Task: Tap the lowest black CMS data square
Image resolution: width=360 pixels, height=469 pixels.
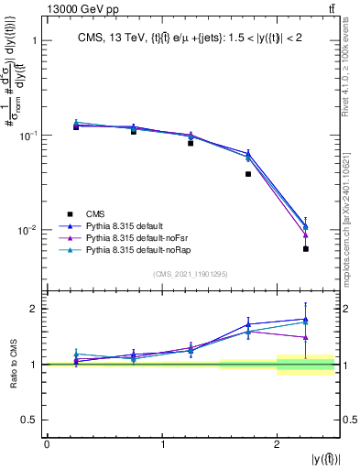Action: coord(306,249)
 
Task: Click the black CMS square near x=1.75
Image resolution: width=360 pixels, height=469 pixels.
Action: coord(248,174)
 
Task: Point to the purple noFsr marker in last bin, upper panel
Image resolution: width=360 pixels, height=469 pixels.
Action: coord(306,235)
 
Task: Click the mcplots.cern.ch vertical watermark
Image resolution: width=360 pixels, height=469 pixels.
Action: coord(351,211)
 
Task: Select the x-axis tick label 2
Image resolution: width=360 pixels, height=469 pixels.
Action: coord(278,443)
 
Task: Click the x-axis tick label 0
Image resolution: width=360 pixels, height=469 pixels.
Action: coord(47,443)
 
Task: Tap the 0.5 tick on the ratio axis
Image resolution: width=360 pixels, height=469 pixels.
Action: coord(32,420)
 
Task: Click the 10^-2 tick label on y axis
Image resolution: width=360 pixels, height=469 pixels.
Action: coord(27,229)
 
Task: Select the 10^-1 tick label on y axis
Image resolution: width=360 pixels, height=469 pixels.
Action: coord(27,135)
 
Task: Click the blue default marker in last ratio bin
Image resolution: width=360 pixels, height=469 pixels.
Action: coord(306,319)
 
